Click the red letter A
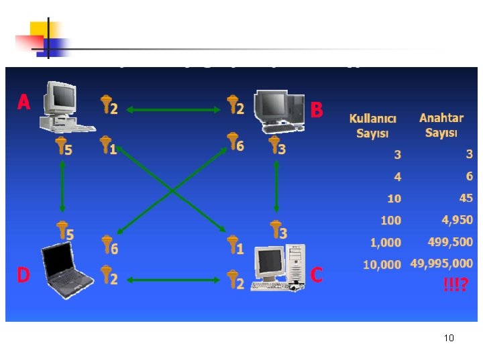click(x=24, y=102)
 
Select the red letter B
click(x=317, y=109)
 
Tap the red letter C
click(x=317, y=275)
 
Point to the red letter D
click(x=23, y=276)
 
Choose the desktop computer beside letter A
click(x=63, y=107)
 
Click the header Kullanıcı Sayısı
click(x=373, y=125)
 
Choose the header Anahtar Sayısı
click(x=441, y=125)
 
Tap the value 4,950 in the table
click(x=457, y=220)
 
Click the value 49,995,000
click(x=441, y=263)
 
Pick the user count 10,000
click(x=382, y=265)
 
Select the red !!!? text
click(x=457, y=285)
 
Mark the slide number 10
click(x=449, y=338)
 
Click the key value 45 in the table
click(x=466, y=198)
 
